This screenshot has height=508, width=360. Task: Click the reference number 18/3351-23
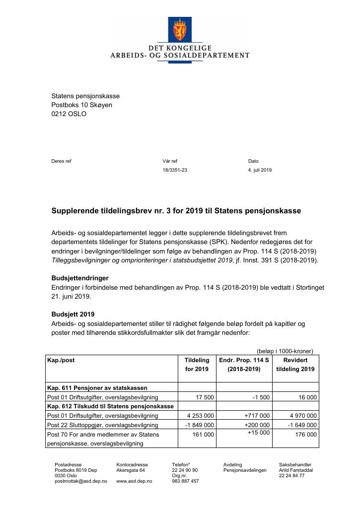174,170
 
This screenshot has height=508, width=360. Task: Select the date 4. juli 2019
260,170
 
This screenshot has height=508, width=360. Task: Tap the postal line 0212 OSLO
69,114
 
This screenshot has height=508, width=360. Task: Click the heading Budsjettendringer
80,278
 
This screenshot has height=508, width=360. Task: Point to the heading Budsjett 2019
73,315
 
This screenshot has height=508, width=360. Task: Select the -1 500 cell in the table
260,397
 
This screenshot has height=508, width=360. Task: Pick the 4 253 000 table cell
200,416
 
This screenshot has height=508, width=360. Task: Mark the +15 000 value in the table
259,433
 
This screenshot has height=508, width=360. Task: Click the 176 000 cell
306,435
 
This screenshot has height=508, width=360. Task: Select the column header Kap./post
61,360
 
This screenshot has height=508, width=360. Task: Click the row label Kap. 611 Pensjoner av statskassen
97,388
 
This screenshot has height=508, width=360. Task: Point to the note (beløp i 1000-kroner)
285,351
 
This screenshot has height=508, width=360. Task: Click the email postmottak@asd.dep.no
80,481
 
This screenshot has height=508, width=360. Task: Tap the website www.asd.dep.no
134,481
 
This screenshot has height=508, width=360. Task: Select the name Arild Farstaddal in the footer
295,470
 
